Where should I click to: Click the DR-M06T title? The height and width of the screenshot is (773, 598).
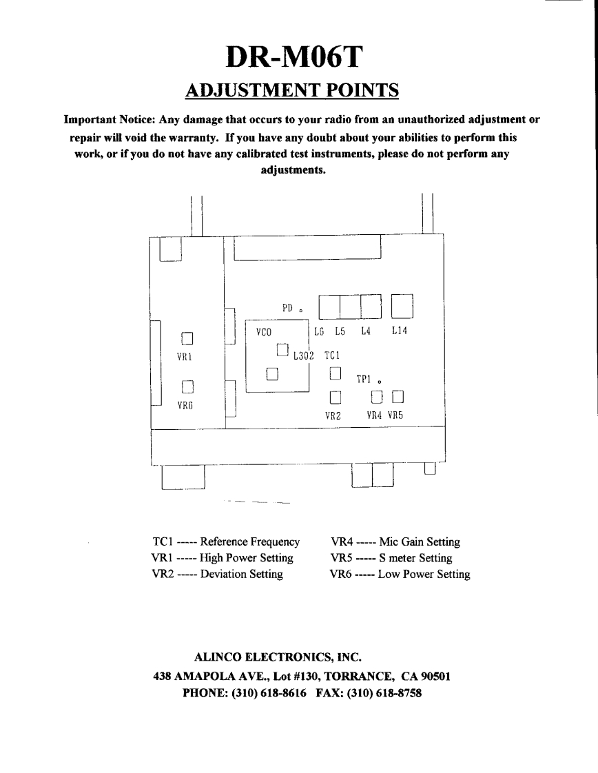point(298,57)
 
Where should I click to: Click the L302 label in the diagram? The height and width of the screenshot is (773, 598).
point(303,356)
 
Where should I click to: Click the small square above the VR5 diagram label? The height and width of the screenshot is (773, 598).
point(398,396)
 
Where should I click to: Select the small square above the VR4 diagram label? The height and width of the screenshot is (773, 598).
point(376,396)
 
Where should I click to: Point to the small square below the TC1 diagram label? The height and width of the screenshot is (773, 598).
point(335,373)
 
